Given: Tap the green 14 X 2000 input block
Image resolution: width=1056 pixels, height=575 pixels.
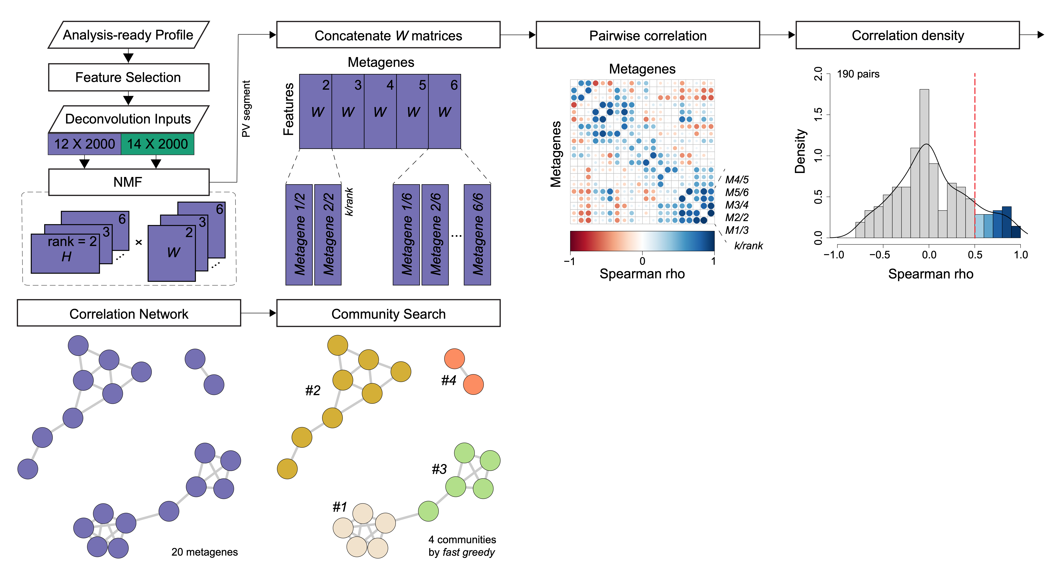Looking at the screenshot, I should (x=157, y=144).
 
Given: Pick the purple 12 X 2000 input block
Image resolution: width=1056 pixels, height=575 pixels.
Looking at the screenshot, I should (x=84, y=144).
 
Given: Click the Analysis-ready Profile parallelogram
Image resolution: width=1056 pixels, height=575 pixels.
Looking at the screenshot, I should (x=128, y=35).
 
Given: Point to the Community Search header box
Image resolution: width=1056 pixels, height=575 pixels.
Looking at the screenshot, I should (x=388, y=314).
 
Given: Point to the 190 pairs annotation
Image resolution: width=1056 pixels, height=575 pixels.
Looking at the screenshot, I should (x=858, y=74).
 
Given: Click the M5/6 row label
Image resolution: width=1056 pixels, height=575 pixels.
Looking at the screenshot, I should (x=737, y=192).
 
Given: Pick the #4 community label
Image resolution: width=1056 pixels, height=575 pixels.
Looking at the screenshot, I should (x=448, y=381).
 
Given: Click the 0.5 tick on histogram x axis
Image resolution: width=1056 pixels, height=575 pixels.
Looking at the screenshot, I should (x=975, y=255).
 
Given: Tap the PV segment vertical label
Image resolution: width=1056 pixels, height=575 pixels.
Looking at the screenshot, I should (x=246, y=109).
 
